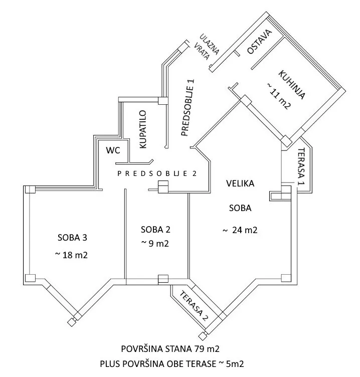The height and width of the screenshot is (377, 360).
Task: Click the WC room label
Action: click(x=112, y=150)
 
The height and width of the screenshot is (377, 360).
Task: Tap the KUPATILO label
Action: click(x=143, y=129)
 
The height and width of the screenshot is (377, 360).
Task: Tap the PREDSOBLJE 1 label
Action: click(x=187, y=107)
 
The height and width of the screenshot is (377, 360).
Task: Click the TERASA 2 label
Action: click(x=195, y=304)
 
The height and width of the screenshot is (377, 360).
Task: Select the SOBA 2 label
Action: click(x=156, y=230)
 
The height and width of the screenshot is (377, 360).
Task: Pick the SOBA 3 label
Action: click(x=71, y=237)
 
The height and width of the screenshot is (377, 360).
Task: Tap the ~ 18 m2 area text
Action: click(x=71, y=255)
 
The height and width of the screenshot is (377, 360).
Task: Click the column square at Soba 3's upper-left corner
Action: click(x=29, y=190)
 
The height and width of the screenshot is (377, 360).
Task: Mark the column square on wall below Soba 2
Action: click(x=163, y=279)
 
